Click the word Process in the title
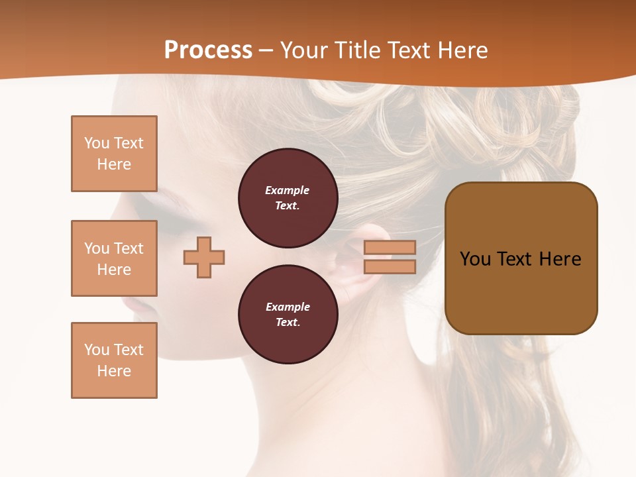208,50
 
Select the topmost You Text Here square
114,154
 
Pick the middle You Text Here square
114,258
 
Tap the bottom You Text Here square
114,360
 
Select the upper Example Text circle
288,198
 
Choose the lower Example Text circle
288,315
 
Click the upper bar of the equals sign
390,248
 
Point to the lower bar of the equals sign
390,267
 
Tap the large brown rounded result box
521,258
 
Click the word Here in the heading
460,50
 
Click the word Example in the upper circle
288,191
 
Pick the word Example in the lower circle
288,307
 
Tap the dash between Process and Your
266,50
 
